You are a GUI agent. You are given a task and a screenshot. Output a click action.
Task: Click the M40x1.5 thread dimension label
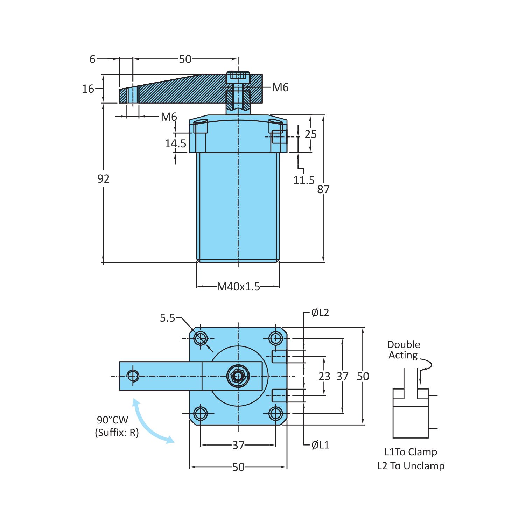tap(238, 287)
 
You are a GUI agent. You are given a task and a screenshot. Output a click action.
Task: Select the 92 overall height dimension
tap(103, 179)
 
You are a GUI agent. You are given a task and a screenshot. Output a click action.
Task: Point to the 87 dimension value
tap(323, 189)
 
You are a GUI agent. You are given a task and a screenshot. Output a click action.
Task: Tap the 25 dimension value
tap(310, 134)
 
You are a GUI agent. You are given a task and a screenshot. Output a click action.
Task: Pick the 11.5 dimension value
tap(303, 180)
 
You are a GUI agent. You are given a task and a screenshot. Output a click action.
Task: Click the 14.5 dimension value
tap(175, 143)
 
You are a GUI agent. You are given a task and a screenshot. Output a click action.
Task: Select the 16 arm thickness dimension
tap(88, 89)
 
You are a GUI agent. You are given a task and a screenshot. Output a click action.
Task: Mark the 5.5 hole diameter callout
tap(167, 318)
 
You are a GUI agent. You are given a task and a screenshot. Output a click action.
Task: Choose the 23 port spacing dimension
tap(324, 376)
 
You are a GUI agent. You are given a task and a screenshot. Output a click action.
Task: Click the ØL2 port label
tap(320, 313)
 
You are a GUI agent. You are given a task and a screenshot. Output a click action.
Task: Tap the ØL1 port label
tap(320, 445)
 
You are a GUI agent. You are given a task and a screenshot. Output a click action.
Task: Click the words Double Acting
tap(403, 350)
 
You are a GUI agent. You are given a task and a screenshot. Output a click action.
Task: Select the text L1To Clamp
tap(411, 452)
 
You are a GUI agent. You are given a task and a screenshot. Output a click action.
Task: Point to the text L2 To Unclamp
tap(411, 466)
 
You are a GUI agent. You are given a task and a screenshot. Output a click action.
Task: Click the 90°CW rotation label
tap(112, 420)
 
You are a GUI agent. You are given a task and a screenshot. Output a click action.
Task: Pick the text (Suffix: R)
tap(117, 433)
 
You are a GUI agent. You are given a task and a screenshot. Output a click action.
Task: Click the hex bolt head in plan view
tap(238, 376)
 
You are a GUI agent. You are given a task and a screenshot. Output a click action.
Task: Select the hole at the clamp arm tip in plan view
tap(133, 376)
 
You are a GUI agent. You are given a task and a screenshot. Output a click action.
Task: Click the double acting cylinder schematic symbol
tap(411, 413)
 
